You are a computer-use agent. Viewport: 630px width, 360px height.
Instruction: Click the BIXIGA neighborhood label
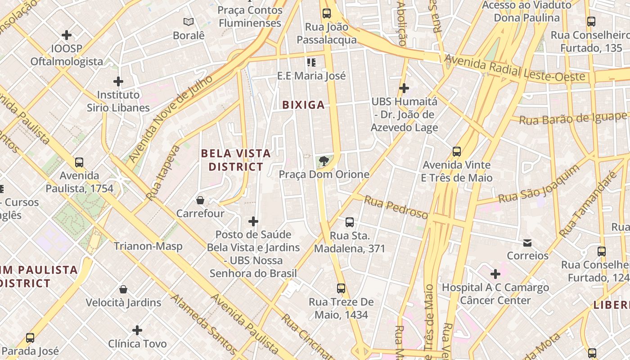tap(303, 105)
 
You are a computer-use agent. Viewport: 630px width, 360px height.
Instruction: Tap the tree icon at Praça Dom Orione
tap(323, 161)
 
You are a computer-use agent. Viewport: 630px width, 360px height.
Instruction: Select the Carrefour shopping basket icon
tap(200, 200)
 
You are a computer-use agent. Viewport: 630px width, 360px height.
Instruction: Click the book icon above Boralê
tap(189, 22)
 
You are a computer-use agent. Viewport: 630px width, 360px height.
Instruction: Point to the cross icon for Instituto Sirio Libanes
tap(118, 81)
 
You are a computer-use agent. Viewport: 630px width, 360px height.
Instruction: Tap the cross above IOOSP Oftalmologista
tap(67, 35)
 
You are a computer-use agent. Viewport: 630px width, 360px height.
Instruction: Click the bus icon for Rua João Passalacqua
tap(327, 13)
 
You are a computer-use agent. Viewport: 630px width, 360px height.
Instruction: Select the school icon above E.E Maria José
tap(311, 62)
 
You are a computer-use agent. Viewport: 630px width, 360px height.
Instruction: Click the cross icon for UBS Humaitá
tap(404, 88)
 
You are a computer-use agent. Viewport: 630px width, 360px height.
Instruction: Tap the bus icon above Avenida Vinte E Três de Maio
tap(457, 152)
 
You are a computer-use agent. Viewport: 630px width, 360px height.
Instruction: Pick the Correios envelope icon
tap(527, 243)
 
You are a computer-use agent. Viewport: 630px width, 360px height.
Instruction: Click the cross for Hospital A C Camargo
tap(495, 274)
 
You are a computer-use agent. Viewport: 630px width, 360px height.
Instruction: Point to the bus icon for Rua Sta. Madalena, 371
tap(350, 222)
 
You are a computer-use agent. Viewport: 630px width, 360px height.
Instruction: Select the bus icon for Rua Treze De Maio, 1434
tap(341, 288)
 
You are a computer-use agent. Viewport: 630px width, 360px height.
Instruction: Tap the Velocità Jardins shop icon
tap(123, 289)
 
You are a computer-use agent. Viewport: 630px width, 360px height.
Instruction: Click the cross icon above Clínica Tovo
tap(137, 331)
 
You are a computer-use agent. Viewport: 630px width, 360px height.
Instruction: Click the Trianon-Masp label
tap(148, 246)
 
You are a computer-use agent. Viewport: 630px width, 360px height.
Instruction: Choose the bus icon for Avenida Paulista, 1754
tap(79, 162)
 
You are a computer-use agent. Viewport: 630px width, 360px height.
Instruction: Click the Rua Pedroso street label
tap(396, 207)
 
